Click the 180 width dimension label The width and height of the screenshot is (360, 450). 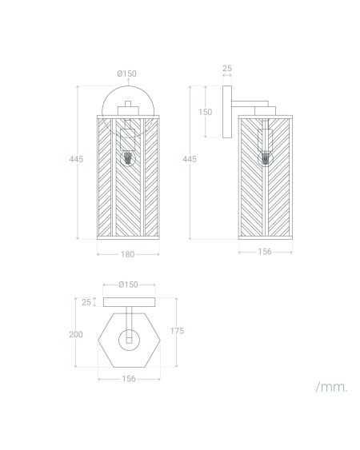[127, 254]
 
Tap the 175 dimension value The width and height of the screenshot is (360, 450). [177, 331]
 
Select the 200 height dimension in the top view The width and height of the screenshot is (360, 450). [76, 334]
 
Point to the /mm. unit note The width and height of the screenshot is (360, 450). [331, 387]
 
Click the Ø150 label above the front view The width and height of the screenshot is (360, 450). [126, 74]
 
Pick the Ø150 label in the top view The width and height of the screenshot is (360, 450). [129, 285]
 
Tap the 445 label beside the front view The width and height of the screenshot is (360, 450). [76, 159]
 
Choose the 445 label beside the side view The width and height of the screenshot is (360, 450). [190, 159]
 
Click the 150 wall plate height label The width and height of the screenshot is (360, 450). [205, 112]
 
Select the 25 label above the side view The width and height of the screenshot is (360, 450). [227, 68]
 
